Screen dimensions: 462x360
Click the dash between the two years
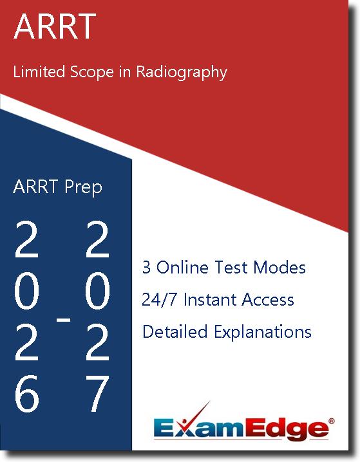(x=63, y=319)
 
